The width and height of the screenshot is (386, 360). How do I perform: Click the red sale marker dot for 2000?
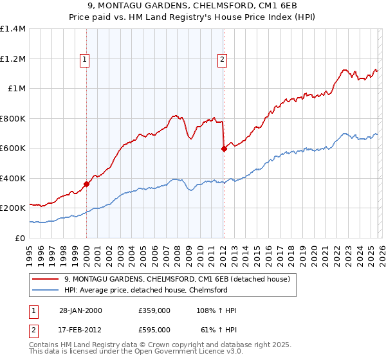[x=86, y=184]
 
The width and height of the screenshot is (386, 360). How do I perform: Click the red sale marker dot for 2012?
[x=224, y=148]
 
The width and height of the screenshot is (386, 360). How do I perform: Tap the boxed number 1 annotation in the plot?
[x=85, y=60]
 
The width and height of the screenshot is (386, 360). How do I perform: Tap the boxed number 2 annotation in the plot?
[x=222, y=60]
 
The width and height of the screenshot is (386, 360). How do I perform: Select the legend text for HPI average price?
[x=146, y=290]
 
